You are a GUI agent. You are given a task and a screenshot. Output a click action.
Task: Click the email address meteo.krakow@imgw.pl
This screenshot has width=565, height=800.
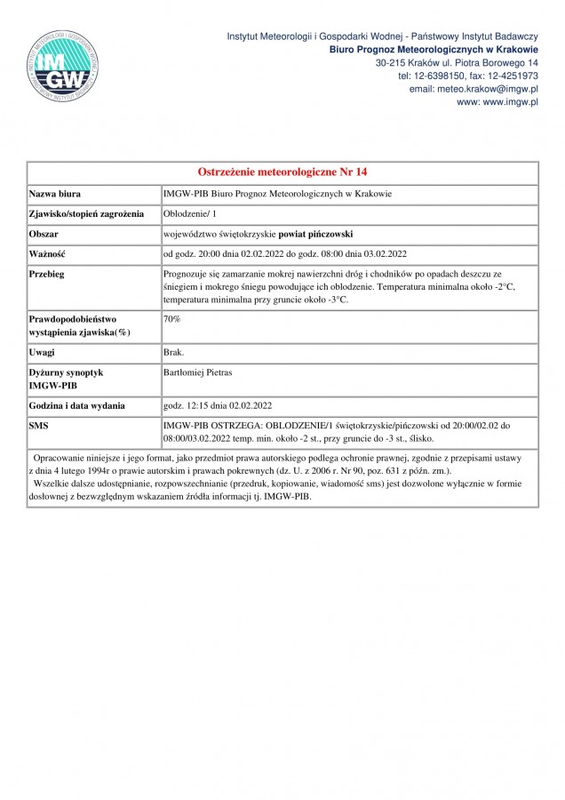(x=473, y=90)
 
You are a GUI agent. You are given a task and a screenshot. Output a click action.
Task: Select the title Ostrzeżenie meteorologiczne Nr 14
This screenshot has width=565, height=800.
(x=282, y=172)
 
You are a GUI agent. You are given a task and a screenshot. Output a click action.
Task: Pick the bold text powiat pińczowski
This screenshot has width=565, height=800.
(x=310, y=234)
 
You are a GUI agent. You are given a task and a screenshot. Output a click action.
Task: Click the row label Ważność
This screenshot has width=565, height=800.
(x=48, y=254)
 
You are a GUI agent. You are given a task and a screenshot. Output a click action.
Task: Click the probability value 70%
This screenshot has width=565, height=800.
(x=172, y=317)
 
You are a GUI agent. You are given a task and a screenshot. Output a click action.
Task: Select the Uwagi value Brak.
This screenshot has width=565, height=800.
(x=173, y=353)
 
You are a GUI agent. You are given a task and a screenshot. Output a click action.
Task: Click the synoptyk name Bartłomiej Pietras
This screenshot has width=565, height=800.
(x=200, y=373)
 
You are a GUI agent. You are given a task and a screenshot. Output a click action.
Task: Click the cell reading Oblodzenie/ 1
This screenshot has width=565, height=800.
(x=190, y=214)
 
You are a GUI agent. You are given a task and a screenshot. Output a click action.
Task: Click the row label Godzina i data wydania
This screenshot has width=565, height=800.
(x=76, y=405)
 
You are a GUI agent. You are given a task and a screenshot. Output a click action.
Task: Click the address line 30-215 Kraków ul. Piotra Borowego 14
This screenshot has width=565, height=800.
(x=458, y=63)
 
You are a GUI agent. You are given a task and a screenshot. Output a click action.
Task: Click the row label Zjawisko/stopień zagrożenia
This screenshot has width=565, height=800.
(x=86, y=214)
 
